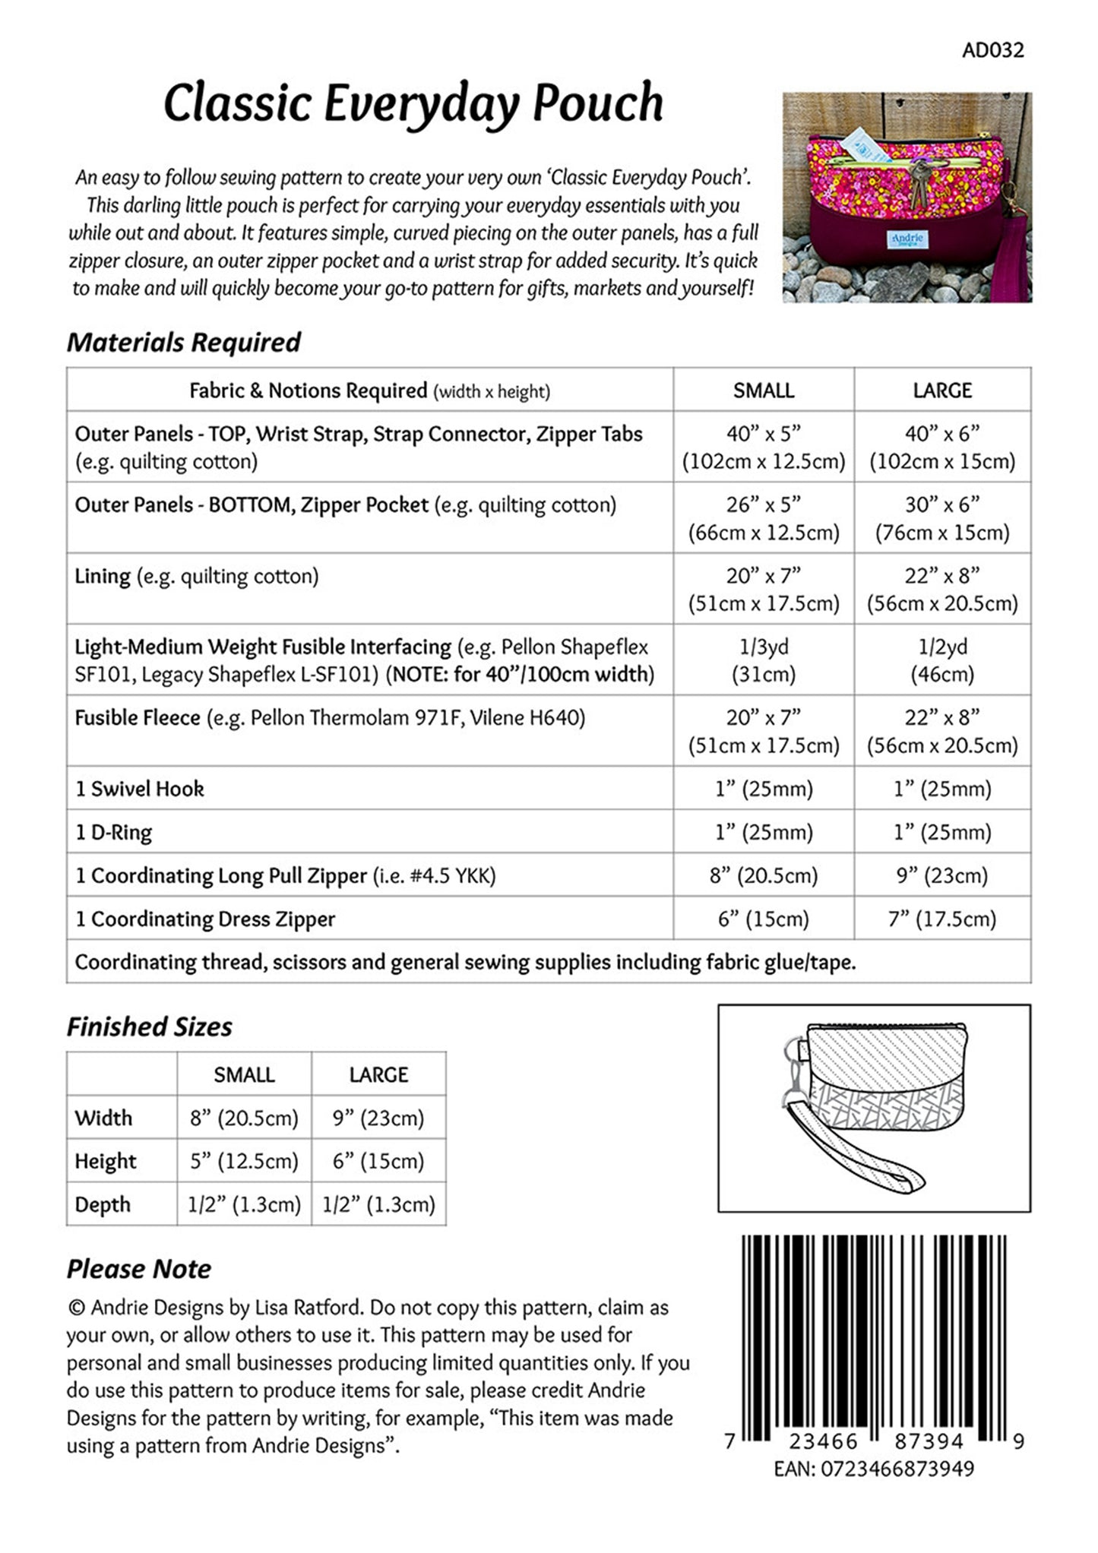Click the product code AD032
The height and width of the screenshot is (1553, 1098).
992,50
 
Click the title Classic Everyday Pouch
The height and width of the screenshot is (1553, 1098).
413,103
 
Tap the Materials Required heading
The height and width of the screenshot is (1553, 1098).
184,343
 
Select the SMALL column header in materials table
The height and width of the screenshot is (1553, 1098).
763,391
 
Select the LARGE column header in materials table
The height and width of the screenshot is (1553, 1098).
942,391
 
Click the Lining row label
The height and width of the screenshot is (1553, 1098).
103,576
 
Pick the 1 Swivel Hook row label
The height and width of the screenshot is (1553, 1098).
140,789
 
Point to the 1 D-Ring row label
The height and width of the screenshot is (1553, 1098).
114,832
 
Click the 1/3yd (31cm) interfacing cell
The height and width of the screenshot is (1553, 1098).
763,660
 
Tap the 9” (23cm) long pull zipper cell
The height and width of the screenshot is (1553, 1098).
942,875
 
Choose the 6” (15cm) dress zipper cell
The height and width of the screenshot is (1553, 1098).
763,919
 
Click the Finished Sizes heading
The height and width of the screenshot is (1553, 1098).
150,1027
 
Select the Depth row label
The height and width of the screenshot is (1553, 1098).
103,1204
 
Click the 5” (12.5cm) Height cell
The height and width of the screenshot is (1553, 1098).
244,1161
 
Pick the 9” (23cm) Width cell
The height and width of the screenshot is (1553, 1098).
378,1118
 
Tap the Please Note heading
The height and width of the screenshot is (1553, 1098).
139,1269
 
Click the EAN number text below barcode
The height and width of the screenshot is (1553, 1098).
874,1469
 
